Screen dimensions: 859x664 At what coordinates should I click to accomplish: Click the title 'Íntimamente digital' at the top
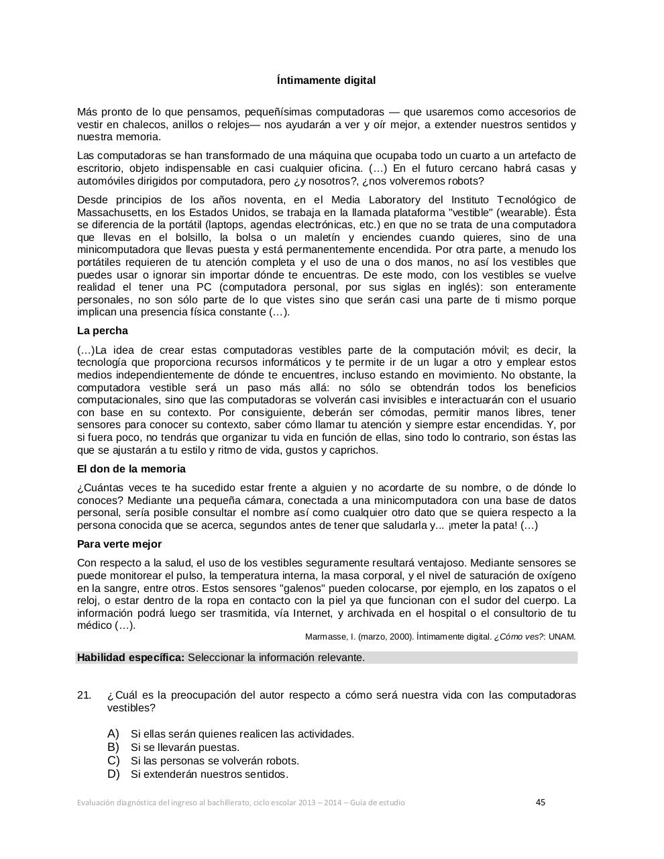[326, 81]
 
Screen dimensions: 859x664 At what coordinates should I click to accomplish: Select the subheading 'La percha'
[102, 331]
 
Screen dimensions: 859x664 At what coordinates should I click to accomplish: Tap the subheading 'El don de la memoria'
[131, 469]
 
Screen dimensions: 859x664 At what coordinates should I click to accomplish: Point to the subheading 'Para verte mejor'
[119, 544]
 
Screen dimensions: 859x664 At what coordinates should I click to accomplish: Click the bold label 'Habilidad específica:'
[130, 658]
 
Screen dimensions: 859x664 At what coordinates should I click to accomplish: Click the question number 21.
[84, 695]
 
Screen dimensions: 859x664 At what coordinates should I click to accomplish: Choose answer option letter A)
[113, 734]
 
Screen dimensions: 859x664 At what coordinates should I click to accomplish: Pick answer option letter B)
[113, 747]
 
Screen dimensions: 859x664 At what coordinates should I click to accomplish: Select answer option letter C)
[113, 760]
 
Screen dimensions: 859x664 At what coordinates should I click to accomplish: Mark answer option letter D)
[113, 774]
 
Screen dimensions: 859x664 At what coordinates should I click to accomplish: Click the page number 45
[541, 802]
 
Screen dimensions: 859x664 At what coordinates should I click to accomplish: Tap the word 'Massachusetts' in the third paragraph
[109, 213]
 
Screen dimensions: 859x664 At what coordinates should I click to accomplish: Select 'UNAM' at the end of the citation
[562, 637]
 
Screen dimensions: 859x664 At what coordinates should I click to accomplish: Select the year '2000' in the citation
[400, 637]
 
